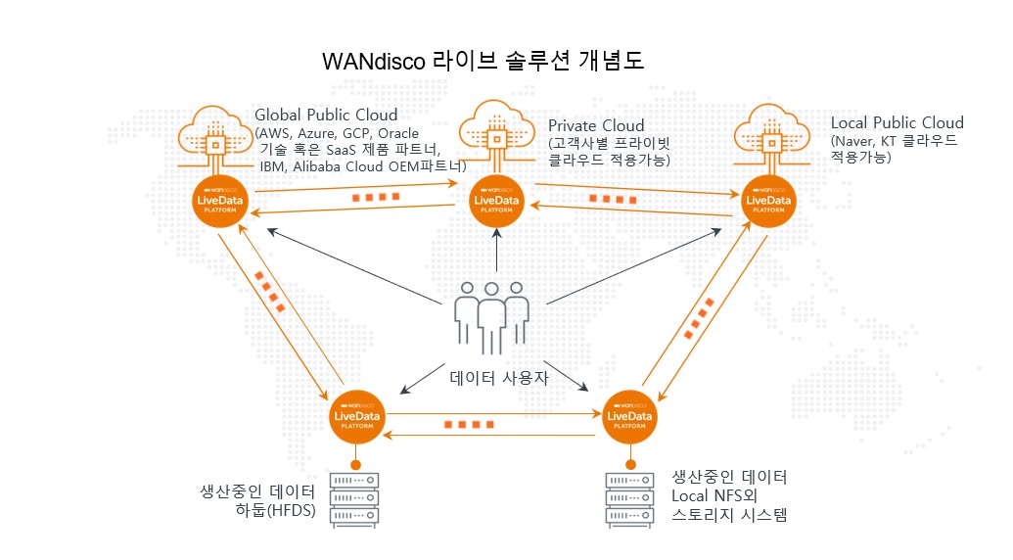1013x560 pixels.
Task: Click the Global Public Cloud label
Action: pyautogui.click(x=326, y=115)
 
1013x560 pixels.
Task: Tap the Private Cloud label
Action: pyautogui.click(x=596, y=125)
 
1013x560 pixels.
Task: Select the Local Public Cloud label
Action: pyautogui.click(x=897, y=123)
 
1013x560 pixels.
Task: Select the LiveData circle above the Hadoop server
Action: pyautogui.click(x=357, y=417)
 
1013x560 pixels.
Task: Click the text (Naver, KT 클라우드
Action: pyautogui.click(x=894, y=141)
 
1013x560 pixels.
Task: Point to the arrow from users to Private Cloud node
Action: pyautogui.click(x=497, y=252)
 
